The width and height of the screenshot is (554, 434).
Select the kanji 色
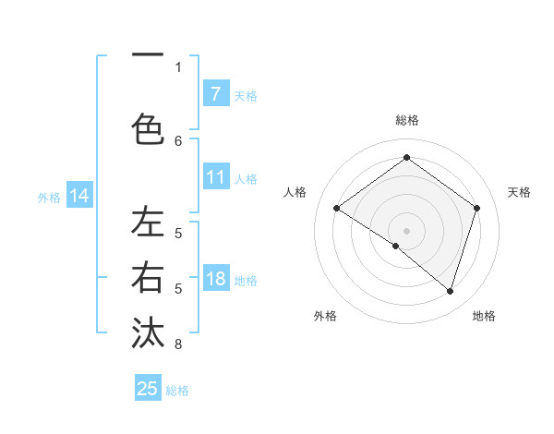[147, 129]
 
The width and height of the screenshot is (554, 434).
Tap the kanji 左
[147, 223]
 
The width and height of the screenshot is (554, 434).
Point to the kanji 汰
[147, 332]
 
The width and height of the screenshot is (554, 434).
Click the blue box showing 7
[216, 94]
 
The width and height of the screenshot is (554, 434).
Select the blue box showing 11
[216, 178]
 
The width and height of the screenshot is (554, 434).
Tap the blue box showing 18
[216, 280]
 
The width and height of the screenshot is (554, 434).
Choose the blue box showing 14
[79, 196]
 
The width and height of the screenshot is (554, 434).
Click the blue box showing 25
[148, 389]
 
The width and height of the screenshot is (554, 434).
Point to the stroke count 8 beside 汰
[178, 344]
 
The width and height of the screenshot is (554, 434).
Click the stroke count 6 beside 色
[178, 140]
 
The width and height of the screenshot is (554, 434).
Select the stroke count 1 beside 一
[178, 66]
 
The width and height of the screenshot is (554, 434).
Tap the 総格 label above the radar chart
[406, 120]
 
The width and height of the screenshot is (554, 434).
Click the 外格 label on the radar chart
[325, 316]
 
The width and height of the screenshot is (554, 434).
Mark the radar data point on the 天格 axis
[476, 208]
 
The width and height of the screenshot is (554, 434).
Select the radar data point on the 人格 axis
[336, 208]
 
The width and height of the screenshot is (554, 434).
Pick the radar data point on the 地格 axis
[450, 291]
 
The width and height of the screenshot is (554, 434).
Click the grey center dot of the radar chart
[406, 230]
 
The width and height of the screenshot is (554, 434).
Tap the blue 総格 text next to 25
[177, 390]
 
